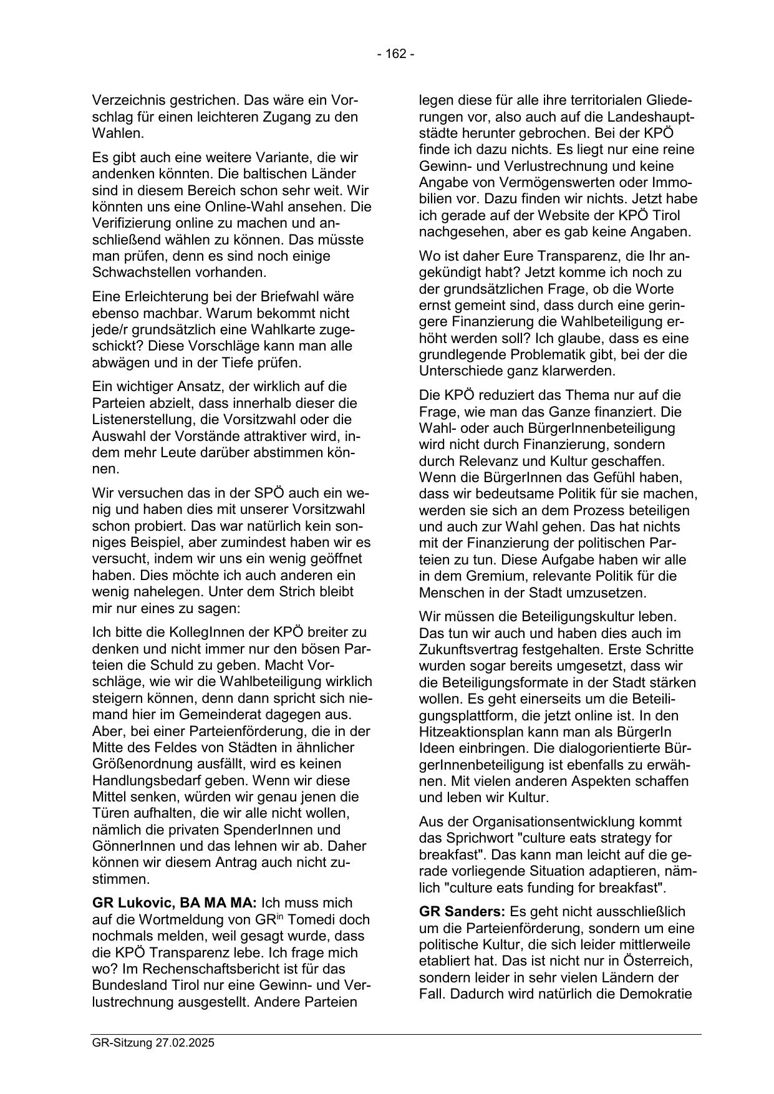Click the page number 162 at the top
395,54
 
